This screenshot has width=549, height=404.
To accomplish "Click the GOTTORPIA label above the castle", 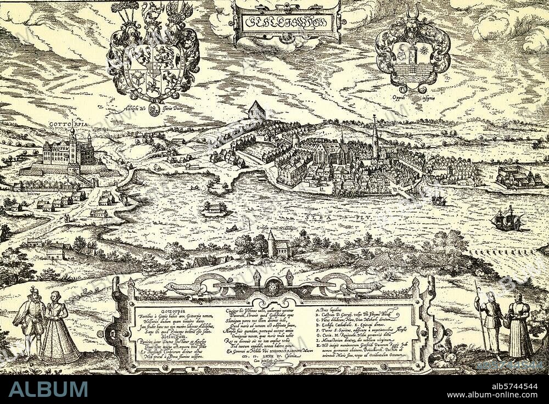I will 68,124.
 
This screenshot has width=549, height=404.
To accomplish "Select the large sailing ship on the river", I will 506,220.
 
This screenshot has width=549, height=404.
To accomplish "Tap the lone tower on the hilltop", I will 256,110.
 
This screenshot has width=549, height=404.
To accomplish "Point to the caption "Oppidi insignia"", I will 413,98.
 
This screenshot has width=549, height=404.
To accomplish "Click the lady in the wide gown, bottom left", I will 58,329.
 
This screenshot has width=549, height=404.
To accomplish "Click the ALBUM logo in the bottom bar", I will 48,389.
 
